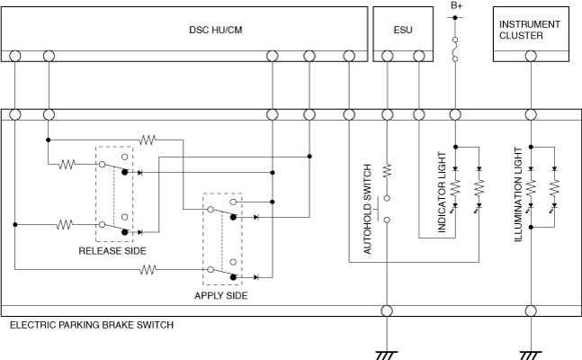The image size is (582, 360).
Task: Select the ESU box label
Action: point(403,30)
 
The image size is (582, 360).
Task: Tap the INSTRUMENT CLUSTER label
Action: point(530,30)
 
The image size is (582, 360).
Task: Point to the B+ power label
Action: point(456,6)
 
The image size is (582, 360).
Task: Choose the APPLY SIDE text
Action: point(221,294)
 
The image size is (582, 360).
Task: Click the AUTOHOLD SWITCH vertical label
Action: point(368,210)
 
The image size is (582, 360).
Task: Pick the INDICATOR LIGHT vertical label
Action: point(442,199)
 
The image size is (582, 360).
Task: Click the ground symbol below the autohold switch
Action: point(387,354)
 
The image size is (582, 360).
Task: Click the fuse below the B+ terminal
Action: point(456,49)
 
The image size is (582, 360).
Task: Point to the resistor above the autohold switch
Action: point(387,168)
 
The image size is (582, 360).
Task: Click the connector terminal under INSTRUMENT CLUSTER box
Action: point(531,56)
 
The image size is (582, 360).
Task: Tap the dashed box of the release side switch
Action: point(114,194)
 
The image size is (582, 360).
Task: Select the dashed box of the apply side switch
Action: point(222,239)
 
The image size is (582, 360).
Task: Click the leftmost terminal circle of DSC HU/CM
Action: point(15,56)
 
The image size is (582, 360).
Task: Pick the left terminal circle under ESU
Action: point(388,56)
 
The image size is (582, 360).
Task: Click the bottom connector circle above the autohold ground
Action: point(387,311)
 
